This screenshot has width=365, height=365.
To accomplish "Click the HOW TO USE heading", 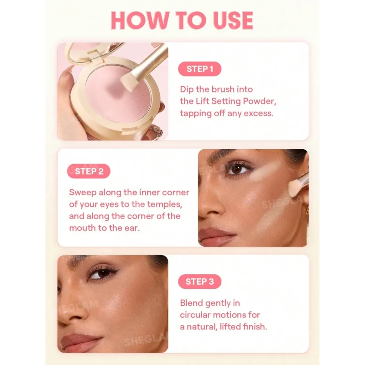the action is click(x=182, y=20).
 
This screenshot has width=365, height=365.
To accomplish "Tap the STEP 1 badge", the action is click(x=199, y=69).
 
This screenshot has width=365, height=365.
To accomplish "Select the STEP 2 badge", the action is click(x=89, y=171).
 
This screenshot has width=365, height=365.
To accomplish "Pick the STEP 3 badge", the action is click(x=199, y=282).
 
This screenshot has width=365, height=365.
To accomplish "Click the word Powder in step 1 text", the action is click(x=259, y=101).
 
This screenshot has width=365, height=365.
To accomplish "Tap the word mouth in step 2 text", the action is click(x=83, y=228).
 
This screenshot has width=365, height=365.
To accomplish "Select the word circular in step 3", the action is click(x=195, y=315).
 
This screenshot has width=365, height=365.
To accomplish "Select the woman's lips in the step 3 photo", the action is click(x=79, y=342).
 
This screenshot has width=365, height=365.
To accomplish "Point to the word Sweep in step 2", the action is click(x=83, y=193).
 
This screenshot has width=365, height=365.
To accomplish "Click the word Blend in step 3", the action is click(x=191, y=303).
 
